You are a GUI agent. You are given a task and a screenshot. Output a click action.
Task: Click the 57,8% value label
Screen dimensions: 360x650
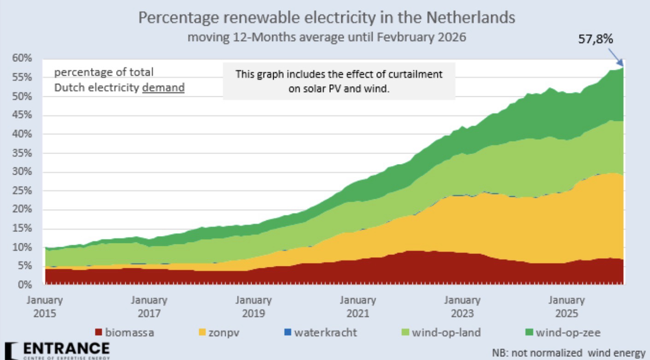coord(596,39)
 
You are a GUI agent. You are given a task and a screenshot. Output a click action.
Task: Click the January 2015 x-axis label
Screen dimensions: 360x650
coord(45,307)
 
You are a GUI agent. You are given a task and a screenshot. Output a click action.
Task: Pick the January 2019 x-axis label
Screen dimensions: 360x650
coord(253,307)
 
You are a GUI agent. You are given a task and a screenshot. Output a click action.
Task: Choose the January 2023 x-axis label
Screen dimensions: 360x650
coord(462,307)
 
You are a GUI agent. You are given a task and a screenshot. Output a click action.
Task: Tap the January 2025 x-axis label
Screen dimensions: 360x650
coord(566,307)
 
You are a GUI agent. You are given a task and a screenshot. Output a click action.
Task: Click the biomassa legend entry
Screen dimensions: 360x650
coord(124,332)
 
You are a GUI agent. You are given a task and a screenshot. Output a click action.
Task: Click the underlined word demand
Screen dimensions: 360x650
coord(163,88)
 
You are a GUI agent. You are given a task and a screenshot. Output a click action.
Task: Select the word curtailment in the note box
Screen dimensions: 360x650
coord(416,74)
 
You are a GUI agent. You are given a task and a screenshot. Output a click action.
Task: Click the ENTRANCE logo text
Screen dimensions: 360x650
coord(64,348)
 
